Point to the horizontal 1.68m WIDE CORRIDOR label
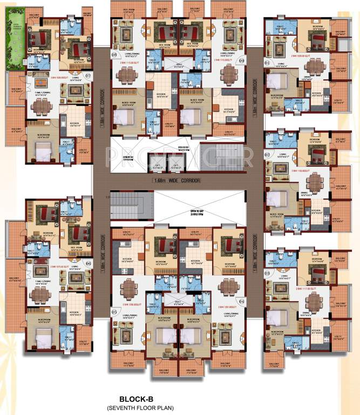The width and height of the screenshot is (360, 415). coord(178,179)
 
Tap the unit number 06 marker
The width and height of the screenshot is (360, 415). coord(89,263)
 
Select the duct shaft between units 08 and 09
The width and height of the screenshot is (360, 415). coord(178,65)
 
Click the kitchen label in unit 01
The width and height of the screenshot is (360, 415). coord(316,93)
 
